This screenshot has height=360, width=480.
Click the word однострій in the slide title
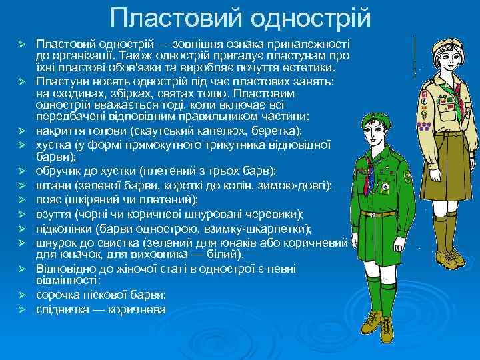click(303, 18)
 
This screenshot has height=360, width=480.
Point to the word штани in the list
click(51, 184)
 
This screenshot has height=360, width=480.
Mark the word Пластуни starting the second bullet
click(61, 81)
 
